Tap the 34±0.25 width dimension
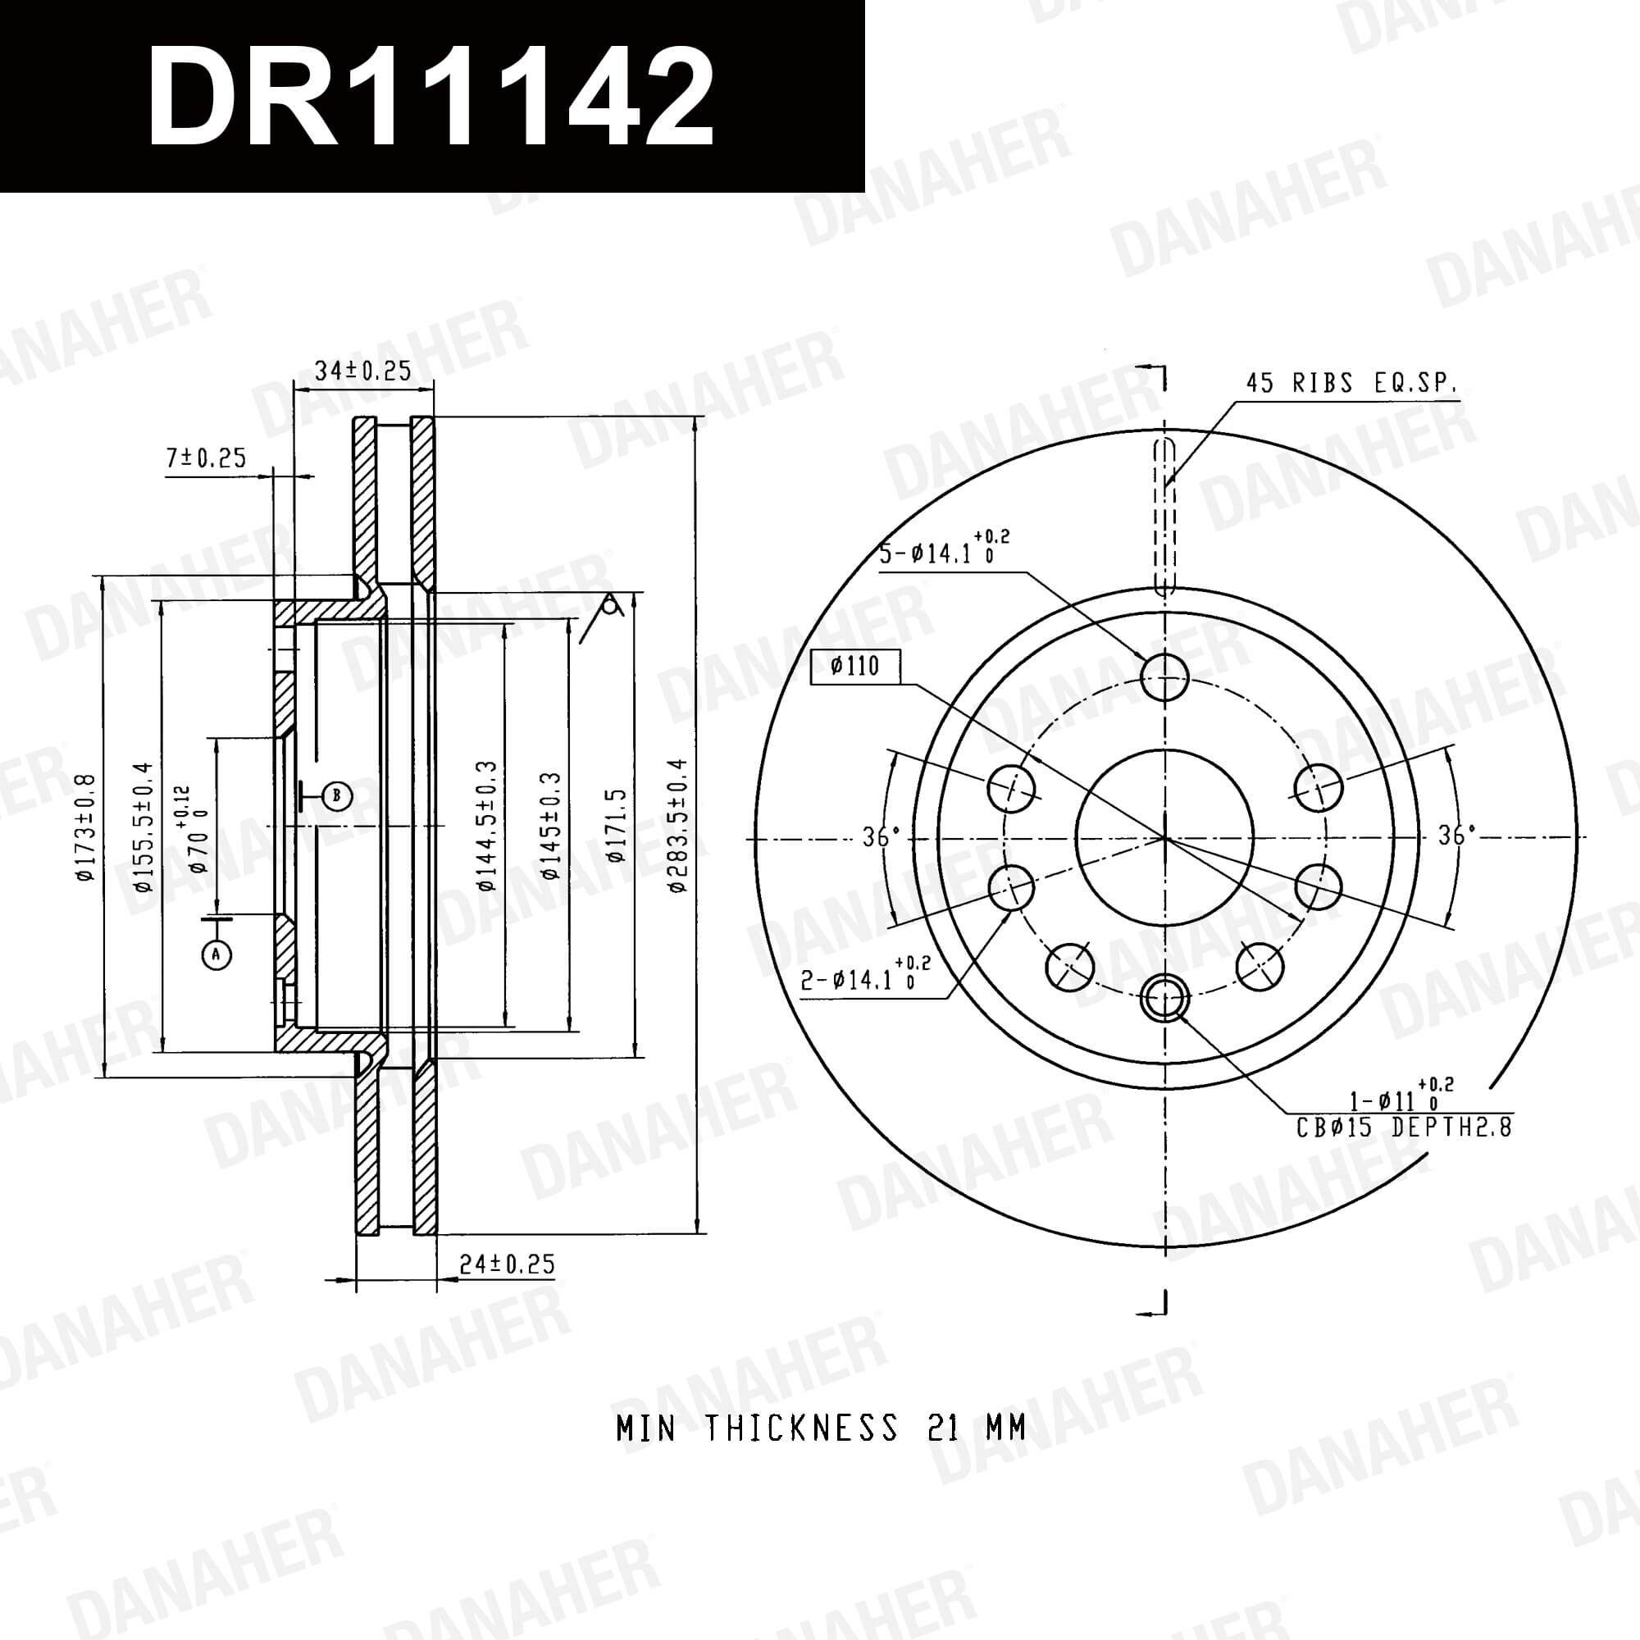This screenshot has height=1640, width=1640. [362, 371]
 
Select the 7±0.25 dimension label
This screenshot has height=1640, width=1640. [207, 458]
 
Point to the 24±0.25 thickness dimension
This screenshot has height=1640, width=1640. [507, 1264]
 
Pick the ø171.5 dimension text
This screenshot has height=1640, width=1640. [616, 825]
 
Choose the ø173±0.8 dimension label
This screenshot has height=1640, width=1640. [86, 827]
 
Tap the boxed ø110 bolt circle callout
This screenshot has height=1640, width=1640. [854, 667]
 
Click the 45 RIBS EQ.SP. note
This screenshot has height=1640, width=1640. [1351, 384]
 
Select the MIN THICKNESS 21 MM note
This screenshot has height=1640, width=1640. [821, 1428]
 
